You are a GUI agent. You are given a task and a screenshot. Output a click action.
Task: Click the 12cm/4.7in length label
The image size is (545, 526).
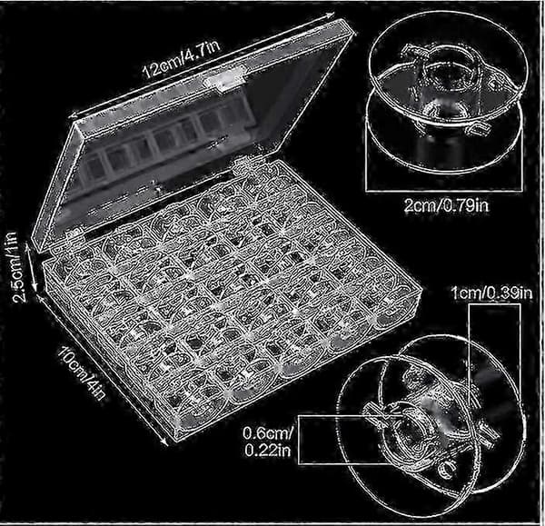pyautogui.click(x=182, y=60)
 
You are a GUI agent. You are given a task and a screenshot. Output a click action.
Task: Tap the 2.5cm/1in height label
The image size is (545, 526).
pyautogui.click(x=15, y=267)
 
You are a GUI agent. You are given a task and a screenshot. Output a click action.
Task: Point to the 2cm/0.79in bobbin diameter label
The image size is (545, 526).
pyautogui.click(x=446, y=206)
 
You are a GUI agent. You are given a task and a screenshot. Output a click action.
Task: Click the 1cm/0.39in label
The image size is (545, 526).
pyautogui.click(x=492, y=293)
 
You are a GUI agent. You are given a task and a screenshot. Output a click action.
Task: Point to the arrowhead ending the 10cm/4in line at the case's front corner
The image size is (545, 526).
pyautogui.click(x=164, y=441)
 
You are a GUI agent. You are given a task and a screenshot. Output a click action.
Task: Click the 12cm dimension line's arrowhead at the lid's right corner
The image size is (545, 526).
pyautogui.click(x=331, y=15)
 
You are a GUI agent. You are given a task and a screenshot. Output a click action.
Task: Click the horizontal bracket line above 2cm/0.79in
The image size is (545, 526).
pyautogui.click(x=444, y=190)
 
